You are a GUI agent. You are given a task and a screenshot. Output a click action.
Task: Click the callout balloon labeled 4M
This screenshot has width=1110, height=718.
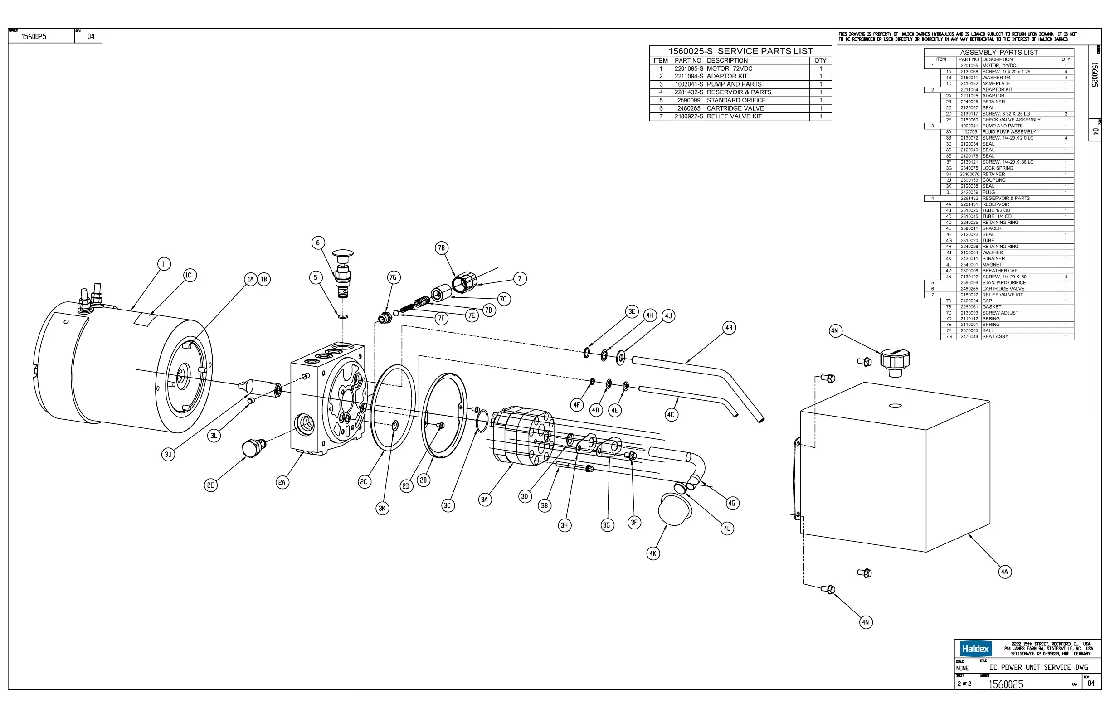(835, 331)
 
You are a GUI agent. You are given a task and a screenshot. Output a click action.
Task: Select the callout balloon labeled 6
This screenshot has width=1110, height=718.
(318, 243)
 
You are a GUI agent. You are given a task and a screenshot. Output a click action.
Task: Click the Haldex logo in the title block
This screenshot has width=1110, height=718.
(975, 649)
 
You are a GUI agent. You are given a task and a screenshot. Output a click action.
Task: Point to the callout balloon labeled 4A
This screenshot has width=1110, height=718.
(1005, 572)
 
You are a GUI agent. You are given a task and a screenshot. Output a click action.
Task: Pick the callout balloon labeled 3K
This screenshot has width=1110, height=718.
(382, 508)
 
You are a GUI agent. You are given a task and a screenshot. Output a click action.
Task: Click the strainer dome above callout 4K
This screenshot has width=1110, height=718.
(674, 510)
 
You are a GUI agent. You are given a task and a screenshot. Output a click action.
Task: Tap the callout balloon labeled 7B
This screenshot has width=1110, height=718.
(441, 248)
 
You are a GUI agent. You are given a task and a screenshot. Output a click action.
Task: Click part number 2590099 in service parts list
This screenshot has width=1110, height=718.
(688, 100)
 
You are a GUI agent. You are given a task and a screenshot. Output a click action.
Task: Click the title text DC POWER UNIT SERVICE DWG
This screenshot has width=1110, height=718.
(1039, 667)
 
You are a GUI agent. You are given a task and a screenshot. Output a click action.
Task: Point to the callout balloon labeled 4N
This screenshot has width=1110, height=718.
(866, 622)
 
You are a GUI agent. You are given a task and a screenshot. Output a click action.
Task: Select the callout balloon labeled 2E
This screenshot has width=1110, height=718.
(211, 485)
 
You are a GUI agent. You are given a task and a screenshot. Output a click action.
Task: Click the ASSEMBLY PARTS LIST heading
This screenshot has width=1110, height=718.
(998, 52)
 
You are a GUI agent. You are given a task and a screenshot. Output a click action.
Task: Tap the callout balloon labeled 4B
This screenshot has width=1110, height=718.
(729, 328)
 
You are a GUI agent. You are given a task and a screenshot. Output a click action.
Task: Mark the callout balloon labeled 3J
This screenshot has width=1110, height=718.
(168, 454)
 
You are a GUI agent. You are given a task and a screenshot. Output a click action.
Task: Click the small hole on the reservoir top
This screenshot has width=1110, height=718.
(895, 406)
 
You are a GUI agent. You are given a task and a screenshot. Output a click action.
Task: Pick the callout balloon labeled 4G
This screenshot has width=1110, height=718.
(732, 503)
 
